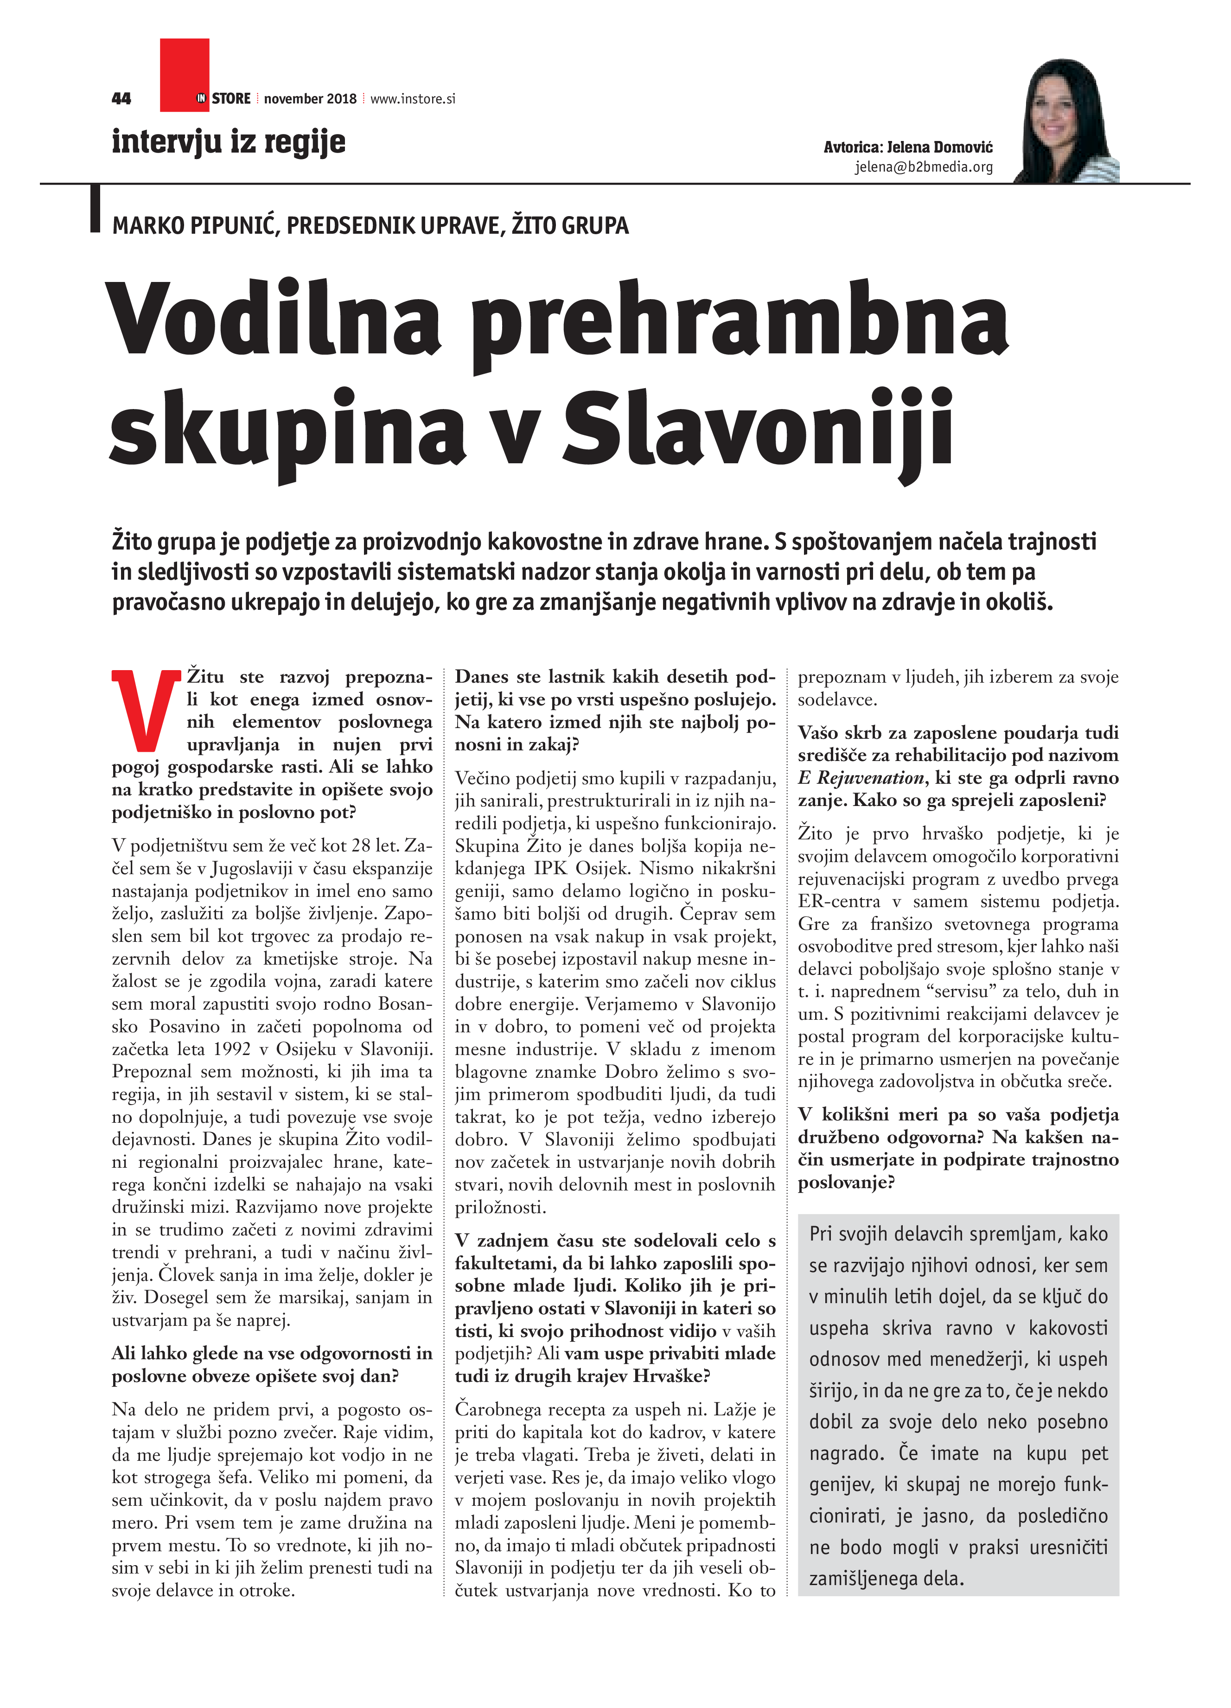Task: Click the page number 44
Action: pyautogui.click(x=121, y=99)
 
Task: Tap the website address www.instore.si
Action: pyautogui.click(x=413, y=99)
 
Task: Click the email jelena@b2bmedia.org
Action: pyautogui.click(x=923, y=167)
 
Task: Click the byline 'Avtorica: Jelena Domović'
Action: pyautogui.click(x=907, y=147)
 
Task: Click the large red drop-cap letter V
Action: pyautogui.click(x=145, y=710)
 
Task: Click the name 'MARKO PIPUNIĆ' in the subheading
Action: pyautogui.click(x=195, y=225)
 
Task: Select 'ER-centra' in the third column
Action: pyautogui.click(x=828, y=902)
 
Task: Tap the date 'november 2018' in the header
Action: pyautogui.click(x=310, y=99)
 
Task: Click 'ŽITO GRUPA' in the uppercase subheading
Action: pyautogui.click(x=569, y=225)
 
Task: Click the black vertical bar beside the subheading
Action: pyautogui.click(x=95, y=207)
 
